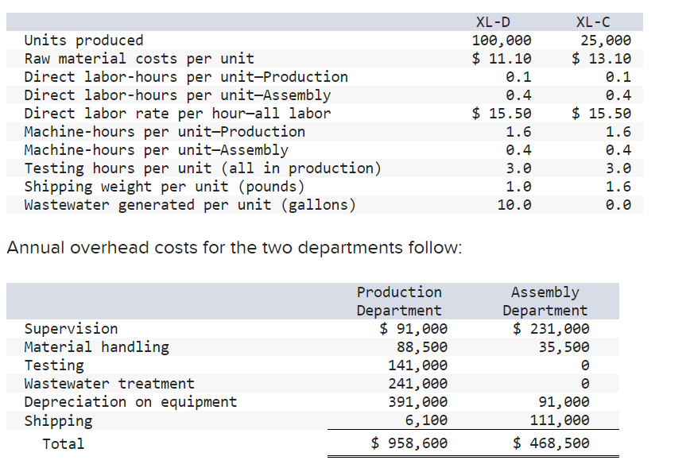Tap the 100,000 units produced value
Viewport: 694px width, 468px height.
tap(502, 41)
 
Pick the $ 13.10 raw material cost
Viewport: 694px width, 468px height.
tap(602, 58)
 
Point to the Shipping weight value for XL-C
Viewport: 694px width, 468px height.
tap(618, 187)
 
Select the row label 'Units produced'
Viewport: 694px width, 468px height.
tap(83, 41)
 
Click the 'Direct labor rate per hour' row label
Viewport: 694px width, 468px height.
tap(177, 114)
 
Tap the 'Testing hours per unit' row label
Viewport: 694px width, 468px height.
tap(202, 168)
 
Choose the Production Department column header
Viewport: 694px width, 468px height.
tap(399, 301)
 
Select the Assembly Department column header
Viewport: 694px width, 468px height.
tap(545, 301)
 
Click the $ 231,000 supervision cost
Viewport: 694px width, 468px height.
tap(551, 329)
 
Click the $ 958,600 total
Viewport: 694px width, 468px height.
tap(409, 443)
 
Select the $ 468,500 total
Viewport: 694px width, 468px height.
tap(551, 443)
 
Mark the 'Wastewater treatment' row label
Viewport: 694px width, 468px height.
tap(109, 384)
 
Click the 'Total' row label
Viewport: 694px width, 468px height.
tap(63, 443)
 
